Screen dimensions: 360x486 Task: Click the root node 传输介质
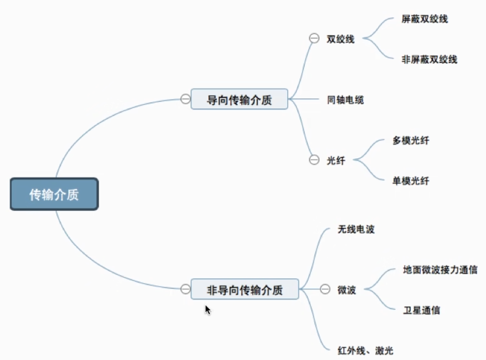(x=54, y=195)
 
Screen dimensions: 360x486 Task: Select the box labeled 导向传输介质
(x=239, y=99)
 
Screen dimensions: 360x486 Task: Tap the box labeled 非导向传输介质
(x=244, y=289)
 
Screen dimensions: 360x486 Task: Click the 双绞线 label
(x=340, y=39)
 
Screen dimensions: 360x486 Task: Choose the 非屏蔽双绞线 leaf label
(x=429, y=60)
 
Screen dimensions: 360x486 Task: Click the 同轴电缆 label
(x=345, y=100)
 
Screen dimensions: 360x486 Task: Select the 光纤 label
(x=336, y=161)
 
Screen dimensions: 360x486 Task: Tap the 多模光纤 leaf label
(x=411, y=141)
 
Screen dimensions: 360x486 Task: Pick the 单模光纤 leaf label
(x=411, y=181)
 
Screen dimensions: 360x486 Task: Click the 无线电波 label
(x=356, y=230)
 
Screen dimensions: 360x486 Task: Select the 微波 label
(x=347, y=290)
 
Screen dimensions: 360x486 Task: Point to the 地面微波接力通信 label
(x=440, y=270)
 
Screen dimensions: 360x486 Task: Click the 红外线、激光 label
(x=365, y=350)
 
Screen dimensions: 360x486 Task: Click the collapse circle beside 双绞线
(x=314, y=38)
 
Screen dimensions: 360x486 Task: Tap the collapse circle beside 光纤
(x=314, y=160)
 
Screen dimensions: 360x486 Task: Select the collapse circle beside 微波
(x=326, y=289)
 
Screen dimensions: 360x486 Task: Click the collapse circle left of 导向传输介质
(x=185, y=99)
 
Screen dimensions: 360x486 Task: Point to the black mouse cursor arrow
(x=208, y=309)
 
